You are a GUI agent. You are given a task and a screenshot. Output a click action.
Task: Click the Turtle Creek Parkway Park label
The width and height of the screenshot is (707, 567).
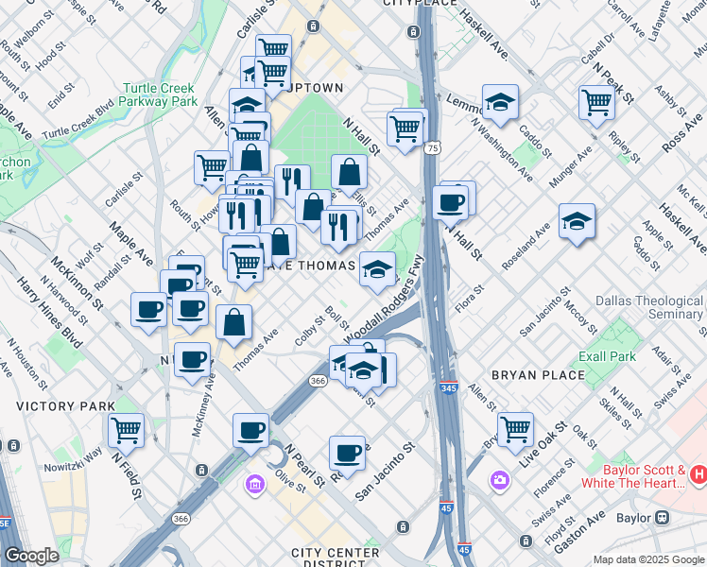click(x=159, y=94)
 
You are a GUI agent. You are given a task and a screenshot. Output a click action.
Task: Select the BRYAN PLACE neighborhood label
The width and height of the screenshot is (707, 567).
click(x=540, y=375)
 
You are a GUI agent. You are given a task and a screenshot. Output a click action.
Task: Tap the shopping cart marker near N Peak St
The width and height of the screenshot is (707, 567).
click(x=597, y=101)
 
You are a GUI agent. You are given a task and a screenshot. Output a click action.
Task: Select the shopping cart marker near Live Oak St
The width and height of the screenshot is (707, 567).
click(x=515, y=428)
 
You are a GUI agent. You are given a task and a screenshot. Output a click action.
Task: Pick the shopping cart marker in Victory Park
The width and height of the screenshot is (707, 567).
click(x=126, y=429)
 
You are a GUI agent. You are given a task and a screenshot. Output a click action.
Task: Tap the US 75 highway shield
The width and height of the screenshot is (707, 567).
click(x=431, y=148)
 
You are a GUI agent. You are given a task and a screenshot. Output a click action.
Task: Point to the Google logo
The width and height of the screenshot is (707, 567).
click(x=31, y=556)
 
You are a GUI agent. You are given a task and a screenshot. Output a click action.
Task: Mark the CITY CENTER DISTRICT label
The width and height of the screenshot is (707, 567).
click(x=336, y=558)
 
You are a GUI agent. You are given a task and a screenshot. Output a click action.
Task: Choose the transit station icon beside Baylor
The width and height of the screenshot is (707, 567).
click(x=662, y=518)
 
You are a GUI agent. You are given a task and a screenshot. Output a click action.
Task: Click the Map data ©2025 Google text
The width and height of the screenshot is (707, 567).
click(x=648, y=559)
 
